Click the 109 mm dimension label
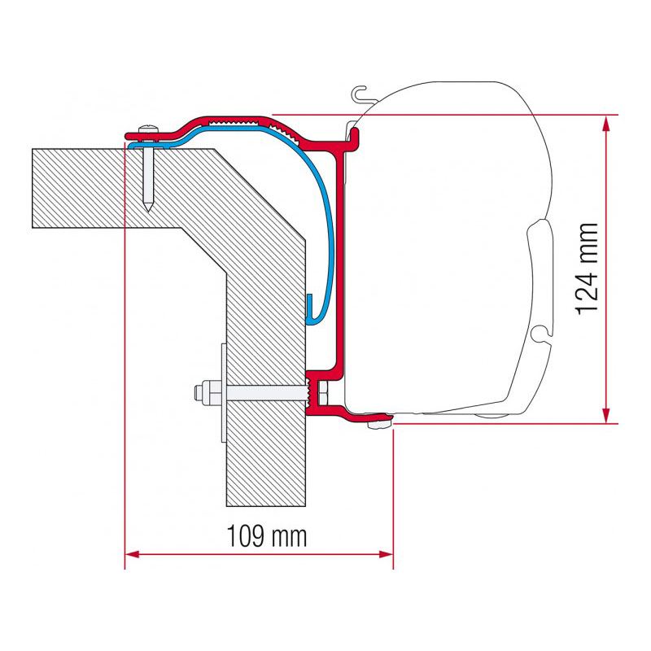pyautogui.click(x=267, y=536)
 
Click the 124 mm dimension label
pyautogui.click(x=588, y=269)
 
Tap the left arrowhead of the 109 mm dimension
pyautogui.click(x=132, y=554)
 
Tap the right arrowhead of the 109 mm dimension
pyautogui.click(x=386, y=554)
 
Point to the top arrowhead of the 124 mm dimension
pyautogui.click(x=606, y=124)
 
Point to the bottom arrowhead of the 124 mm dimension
pyautogui.click(x=606, y=416)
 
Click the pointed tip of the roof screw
pyautogui.click(x=148, y=210)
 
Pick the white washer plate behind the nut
pyautogui.click(x=224, y=393)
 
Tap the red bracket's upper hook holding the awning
pyautogui.click(x=354, y=136)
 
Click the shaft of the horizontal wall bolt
pyautogui.click(x=266, y=392)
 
